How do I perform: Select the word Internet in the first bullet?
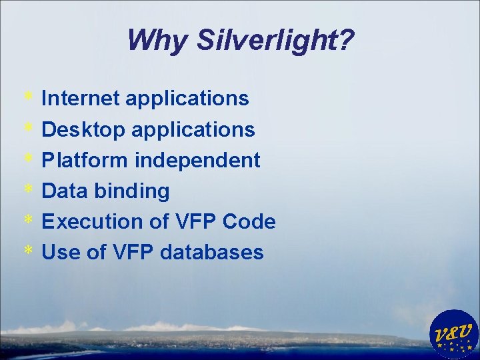(x=80, y=99)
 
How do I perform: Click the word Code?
(x=251, y=222)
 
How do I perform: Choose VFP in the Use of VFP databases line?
(x=131, y=253)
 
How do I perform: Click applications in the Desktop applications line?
(x=193, y=129)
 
